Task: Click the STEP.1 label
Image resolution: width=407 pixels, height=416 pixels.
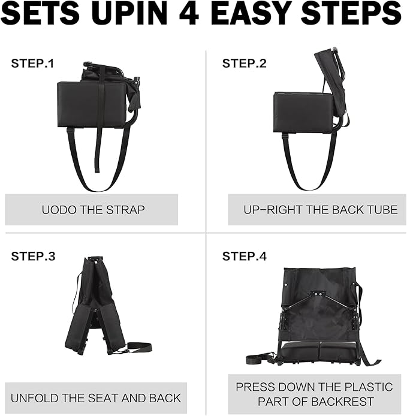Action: [32, 64]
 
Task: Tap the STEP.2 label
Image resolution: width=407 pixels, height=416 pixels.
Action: [244, 64]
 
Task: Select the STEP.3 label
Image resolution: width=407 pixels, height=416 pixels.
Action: [33, 257]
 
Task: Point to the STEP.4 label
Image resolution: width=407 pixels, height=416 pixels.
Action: [244, 257]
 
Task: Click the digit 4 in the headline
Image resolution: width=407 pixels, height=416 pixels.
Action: [189, 13]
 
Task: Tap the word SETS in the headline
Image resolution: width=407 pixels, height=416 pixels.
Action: [40, 13]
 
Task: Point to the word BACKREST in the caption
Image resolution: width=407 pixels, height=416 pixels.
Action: [343, 402]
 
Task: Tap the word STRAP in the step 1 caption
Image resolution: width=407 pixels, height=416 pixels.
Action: [125, 210]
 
